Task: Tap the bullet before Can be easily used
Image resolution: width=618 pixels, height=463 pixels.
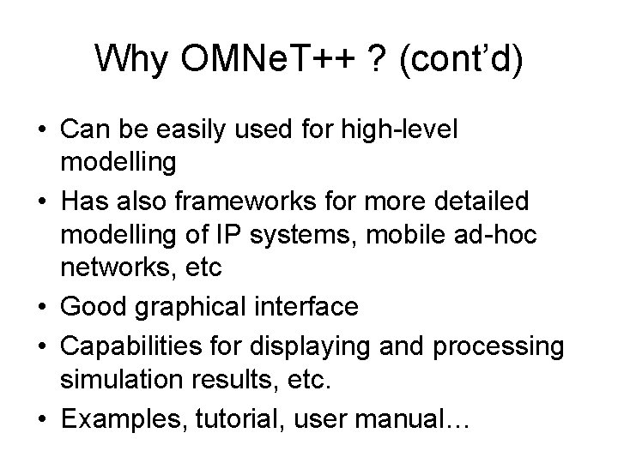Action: pyautogui.click(x=43, y=130)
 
